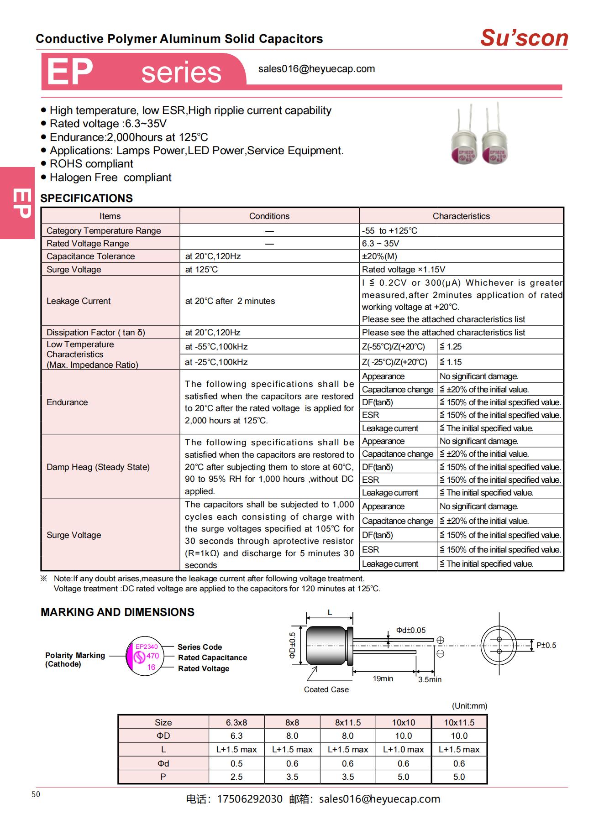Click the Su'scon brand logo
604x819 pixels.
coord(524,38)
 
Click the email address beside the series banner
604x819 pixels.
coord(316,69)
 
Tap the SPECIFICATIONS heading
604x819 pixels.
coord(86,198)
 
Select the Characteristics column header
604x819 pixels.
coord(461,216)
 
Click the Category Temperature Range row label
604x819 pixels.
coord(104,231)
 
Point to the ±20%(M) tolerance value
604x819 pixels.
coord(379,256)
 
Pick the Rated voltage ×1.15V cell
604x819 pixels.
coord(403,270)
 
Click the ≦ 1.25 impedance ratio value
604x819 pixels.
coord(451,347)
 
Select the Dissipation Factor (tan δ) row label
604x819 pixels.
coord(95,333)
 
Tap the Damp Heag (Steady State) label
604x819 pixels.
coord(98,467)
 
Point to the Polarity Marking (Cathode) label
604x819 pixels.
coord(75,660)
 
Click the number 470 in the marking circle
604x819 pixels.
coord(152,656)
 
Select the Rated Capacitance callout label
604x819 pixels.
coord(212,658)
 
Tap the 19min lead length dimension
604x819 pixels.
coord(383,679)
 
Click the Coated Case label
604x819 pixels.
coord(326,690)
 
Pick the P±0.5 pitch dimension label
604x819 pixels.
coord(546,646)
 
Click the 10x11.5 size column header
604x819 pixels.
coord(459,723)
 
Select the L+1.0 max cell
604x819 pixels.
coord(403,750)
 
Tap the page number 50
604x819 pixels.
coord(36,794)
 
